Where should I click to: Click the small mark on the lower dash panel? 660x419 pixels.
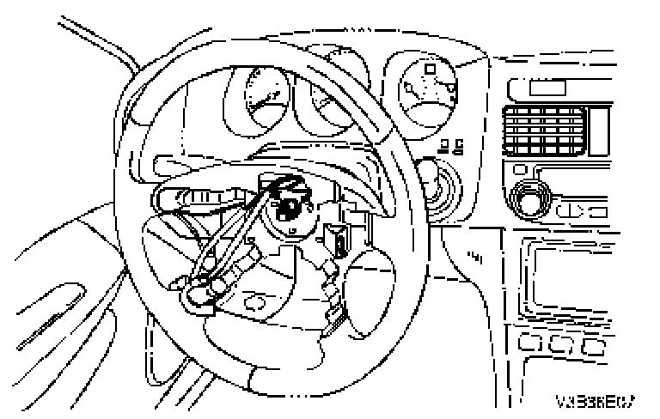click(x=474, y=255)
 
